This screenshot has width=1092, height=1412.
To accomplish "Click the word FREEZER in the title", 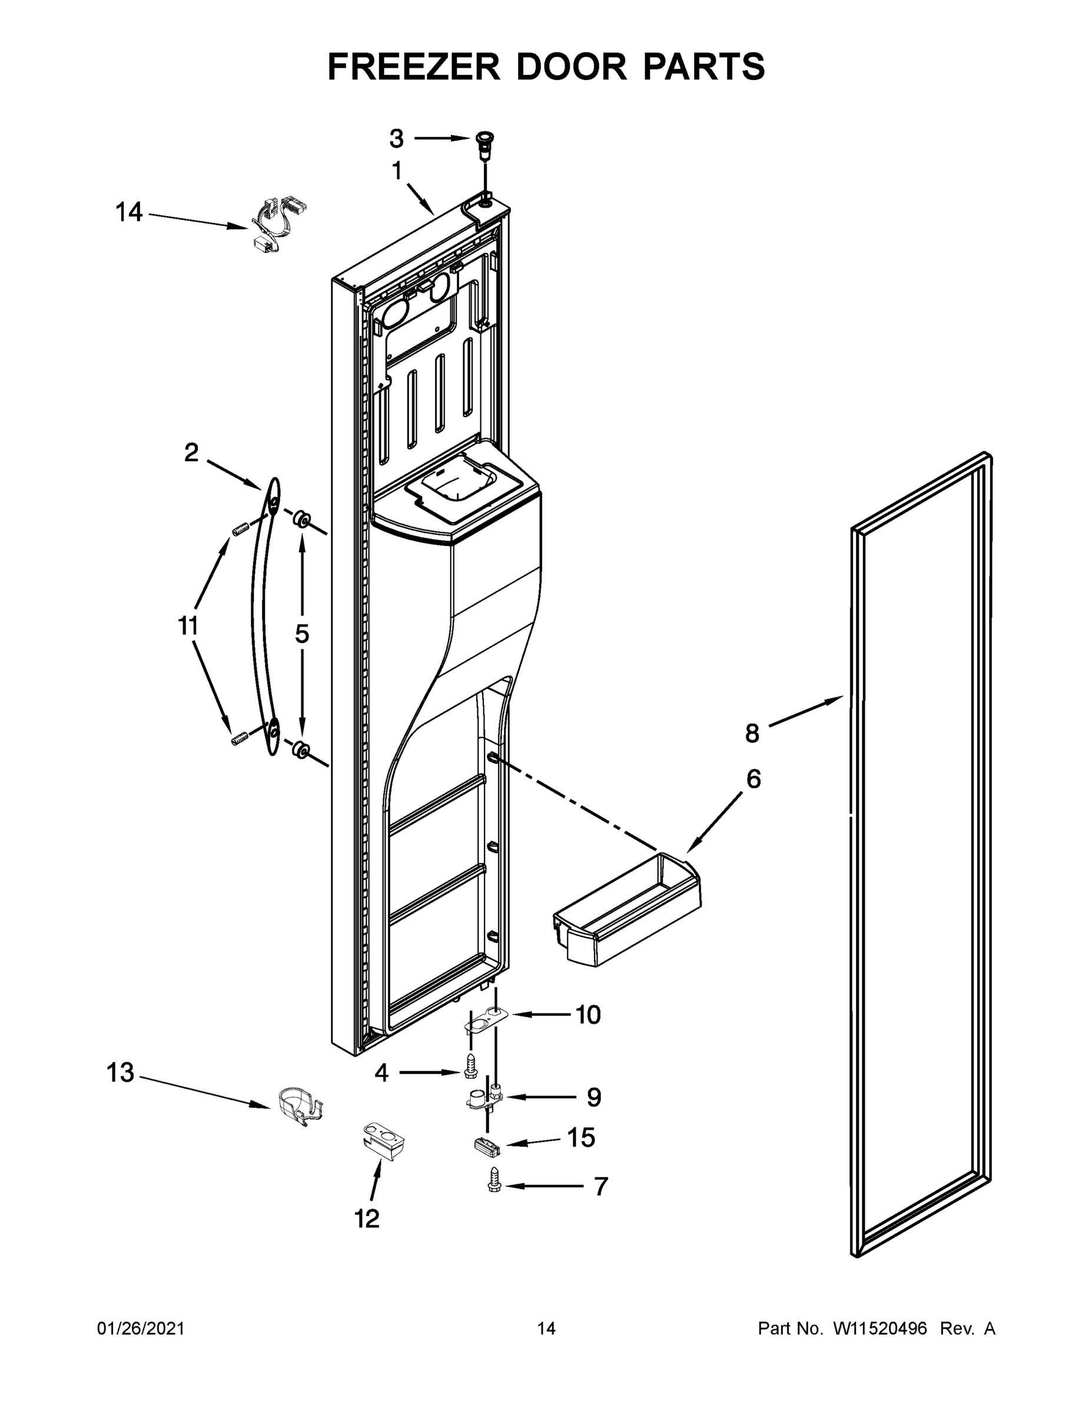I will (414, 66).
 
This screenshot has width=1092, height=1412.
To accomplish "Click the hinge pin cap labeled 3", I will (482, 142).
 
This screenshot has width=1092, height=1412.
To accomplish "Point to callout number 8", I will (752, 734).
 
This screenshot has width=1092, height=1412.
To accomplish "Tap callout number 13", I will (120, 1073).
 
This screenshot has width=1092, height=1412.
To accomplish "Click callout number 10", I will (588, 1015).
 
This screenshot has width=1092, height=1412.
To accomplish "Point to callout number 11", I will (188, 626).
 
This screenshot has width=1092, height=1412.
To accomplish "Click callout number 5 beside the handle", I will (302, 634).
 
